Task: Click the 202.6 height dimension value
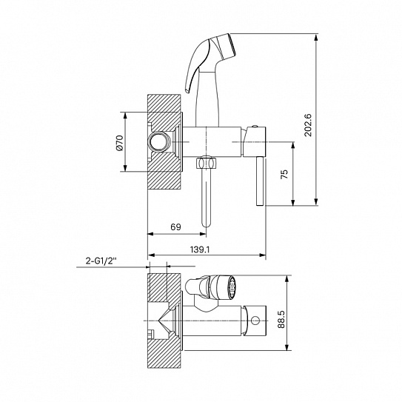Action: (x=309, y=125)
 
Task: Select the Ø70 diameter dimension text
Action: (x=120, y=143)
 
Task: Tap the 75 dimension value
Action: (x=284, y=174)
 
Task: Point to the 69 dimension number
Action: (x=175, y=227)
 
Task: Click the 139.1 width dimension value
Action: (x=200, y=249)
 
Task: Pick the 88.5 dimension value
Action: (x=281, y=319)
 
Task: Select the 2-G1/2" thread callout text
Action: (x=101, y=261)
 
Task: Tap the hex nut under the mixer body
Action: (x=206, y=163)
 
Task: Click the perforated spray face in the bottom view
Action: (x=232, y=288)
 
